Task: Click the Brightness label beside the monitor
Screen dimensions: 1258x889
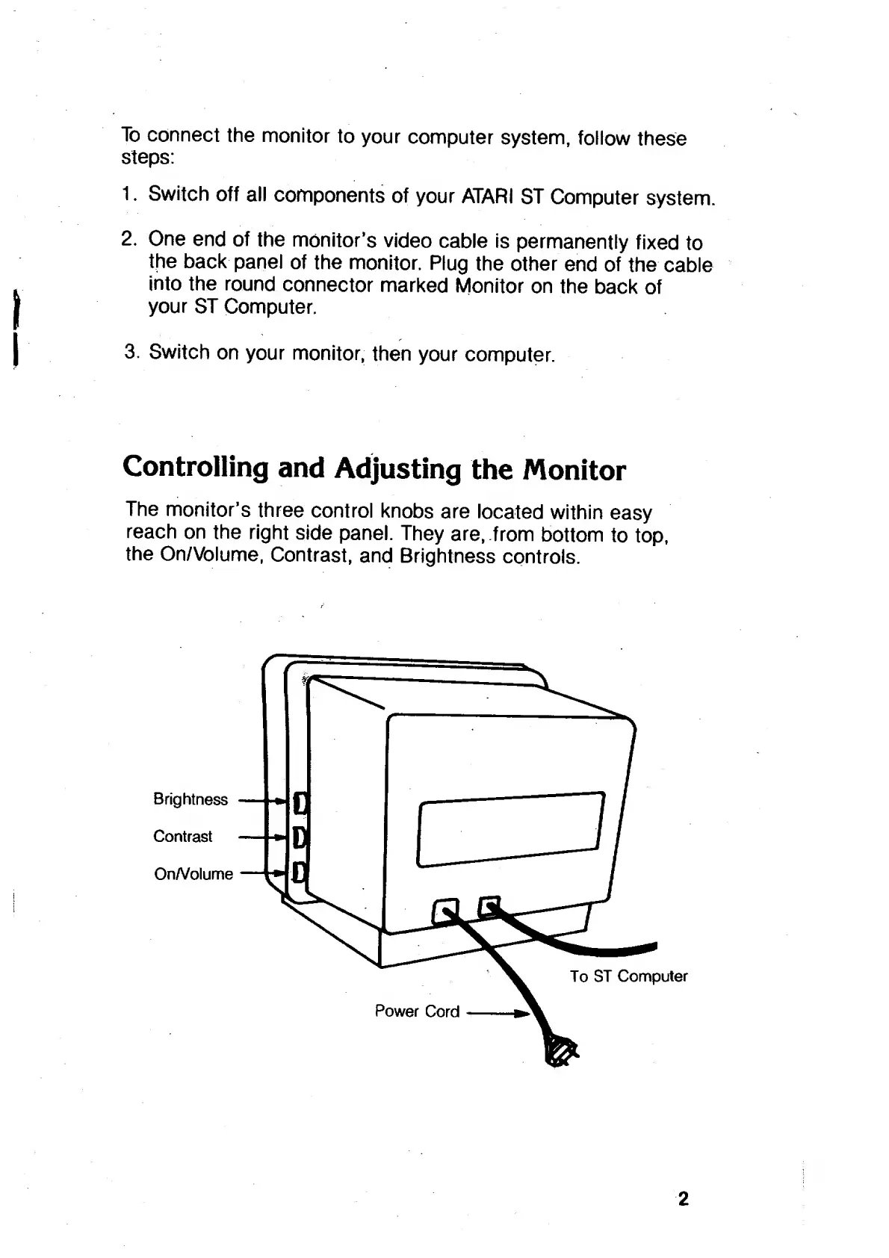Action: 190,799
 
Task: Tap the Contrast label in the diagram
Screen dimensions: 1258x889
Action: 183,837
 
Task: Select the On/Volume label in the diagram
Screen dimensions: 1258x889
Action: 193,874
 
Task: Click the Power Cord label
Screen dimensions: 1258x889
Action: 417,1011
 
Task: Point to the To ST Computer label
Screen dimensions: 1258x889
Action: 628,976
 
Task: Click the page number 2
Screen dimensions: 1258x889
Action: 682,1200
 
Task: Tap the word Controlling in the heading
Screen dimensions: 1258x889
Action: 196,468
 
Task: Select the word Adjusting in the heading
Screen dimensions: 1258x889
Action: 397,469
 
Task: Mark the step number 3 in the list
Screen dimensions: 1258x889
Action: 131,352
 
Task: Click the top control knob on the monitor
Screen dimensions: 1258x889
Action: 300,803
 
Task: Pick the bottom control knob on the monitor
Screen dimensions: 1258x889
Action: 300,871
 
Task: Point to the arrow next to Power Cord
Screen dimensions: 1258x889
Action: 498,1014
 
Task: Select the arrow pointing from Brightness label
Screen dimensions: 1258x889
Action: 263,801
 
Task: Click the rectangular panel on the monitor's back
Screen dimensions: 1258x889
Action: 511,829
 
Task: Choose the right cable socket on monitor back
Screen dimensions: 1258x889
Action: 489,906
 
